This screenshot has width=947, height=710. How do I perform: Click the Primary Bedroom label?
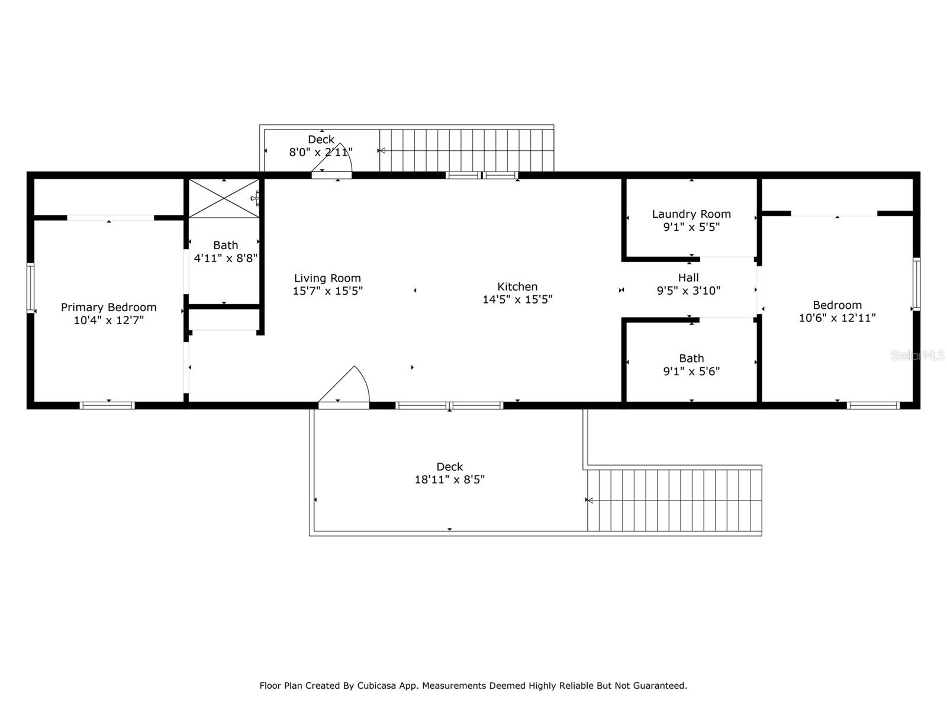click(108, 307)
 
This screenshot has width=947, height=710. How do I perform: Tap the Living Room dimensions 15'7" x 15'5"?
click(327, 291)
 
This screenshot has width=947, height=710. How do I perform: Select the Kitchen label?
click(517, 286)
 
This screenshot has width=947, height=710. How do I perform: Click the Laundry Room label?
click(691, 214)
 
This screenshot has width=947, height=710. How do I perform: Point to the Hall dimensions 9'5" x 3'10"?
click(688, 291)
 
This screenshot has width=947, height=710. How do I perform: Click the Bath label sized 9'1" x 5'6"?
click(691, 359)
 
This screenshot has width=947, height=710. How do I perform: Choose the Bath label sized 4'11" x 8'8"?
click(226, 245)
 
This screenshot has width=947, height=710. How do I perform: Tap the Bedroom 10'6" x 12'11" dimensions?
click(837, 318)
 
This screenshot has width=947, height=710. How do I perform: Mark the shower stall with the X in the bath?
click(223, 199)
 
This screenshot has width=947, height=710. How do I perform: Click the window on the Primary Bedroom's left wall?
click(30, 288)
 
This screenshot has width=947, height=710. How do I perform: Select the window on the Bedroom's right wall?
click(916, 284)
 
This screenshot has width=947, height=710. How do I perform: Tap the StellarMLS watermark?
click(917, 355)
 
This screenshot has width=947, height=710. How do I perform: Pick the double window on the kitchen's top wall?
click(482, 175)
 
